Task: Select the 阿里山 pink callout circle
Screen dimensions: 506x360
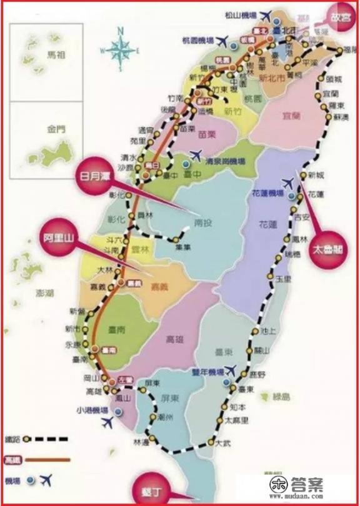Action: click(61, 237)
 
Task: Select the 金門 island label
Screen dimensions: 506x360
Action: click(55, 131)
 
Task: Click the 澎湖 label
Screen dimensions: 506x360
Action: click(28, 292)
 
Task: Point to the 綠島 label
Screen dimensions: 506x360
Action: click(282, 396)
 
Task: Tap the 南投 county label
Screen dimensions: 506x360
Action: click(204, 221)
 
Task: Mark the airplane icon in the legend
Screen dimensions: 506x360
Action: click(45, 480)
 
